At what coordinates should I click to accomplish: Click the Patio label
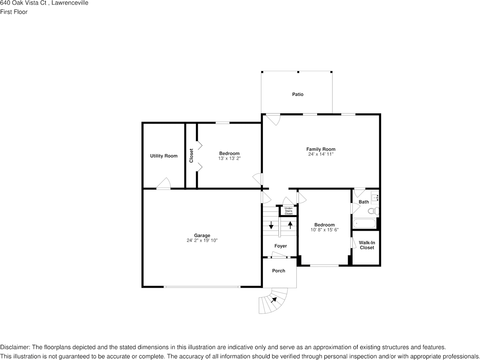(x=298, y=94)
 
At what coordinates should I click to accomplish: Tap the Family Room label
(x=321, y=149)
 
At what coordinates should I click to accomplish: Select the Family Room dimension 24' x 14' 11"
(x=321, y=154)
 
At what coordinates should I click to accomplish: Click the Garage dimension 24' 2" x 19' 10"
(x=202, y=241)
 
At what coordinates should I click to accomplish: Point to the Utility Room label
(x=164, y=156)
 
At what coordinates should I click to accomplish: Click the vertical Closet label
(x=191, y=155)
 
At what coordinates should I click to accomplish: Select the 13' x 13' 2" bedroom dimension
(x=229, y=159)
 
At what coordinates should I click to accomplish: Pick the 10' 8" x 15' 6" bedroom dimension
(x=324, y=230)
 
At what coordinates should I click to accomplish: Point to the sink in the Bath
(x=375, y=197)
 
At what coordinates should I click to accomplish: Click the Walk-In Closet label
(x=367, y=245)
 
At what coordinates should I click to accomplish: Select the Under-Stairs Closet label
(x=289, y=211)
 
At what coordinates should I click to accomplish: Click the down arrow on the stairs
(x=271, y=225)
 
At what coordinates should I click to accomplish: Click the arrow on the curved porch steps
(x=274, y=300)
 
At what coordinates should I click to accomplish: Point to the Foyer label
(x=281, y=246)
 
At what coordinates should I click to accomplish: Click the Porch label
(x=279, y=271)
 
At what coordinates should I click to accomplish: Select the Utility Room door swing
(x=164, y=183)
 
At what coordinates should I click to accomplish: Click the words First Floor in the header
(x=14, y=12)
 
